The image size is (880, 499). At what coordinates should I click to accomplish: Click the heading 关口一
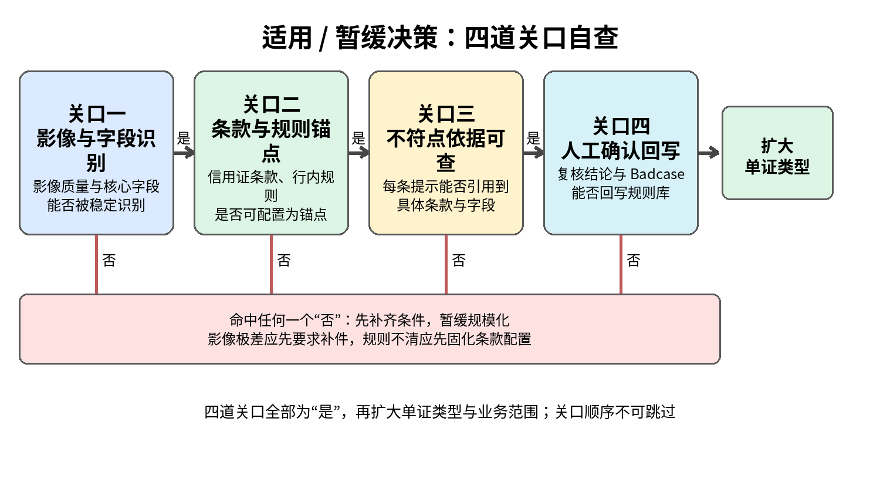(97, 114)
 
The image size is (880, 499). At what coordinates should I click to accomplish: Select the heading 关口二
(272, 104)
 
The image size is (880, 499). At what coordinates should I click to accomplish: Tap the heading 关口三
(446, 114)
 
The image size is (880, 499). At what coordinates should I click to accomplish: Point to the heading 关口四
(621, 126)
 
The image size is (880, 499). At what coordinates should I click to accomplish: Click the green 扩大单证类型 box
(777, 153)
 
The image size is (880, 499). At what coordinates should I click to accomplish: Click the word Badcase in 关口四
(658, 174)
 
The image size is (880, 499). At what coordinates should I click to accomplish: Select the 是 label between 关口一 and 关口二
(184, 139)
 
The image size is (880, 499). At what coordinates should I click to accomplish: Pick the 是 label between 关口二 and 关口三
(358, 139)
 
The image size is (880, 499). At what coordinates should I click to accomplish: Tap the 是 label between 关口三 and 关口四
(533, 139)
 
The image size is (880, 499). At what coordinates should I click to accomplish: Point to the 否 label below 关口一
(109, 260)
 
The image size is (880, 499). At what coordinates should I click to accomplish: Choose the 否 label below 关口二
(284, 260)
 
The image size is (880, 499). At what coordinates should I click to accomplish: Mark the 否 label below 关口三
(459, 260)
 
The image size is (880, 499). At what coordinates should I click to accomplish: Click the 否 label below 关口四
(634, 260)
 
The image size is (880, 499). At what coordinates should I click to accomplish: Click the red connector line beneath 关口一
(97, 265)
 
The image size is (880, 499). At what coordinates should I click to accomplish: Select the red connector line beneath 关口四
(621, 265)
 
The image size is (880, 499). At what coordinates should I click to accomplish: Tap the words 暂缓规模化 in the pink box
(475, 321)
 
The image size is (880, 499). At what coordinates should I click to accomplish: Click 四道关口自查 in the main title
(541, 38)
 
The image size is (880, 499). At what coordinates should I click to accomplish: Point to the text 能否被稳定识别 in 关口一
(97, 205)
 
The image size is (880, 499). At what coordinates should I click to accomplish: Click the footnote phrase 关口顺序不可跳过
(615, 412)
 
